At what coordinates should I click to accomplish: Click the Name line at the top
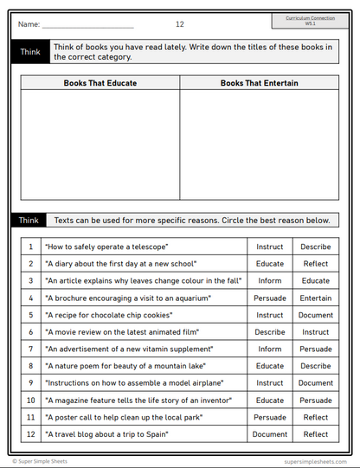click(87, 24)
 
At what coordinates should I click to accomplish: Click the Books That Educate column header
click(100, 83)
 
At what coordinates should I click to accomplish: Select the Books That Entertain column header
click(260, 83)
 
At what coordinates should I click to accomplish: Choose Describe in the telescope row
click(315, 247)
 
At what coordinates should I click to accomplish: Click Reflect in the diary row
click(315, 263)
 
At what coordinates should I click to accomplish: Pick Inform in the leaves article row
click(270, 280)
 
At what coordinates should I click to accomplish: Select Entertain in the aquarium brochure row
click(315, 298)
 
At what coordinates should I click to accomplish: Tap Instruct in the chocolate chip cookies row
click(270, 315)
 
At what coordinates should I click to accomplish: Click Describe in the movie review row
click(270, 331)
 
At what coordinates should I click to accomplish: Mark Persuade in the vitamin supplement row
click(315, 349)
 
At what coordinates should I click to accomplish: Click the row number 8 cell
click(30, 366)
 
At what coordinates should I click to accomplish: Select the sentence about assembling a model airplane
click(134, 382)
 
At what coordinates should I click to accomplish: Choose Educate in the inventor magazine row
click(270, 400)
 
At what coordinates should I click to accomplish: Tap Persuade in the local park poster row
click(270, 417)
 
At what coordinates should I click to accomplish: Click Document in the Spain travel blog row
click(270, 434)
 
